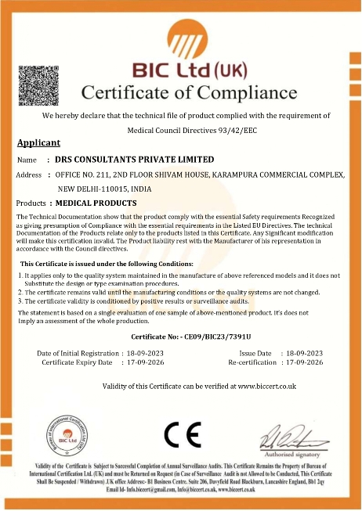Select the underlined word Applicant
click(x=38, y=142)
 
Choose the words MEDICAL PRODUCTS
click(x=96, y=203)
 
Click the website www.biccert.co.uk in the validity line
click(x=266, y=386)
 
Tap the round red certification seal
click(x=68, y=434)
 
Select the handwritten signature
click(x=288, y=433)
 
